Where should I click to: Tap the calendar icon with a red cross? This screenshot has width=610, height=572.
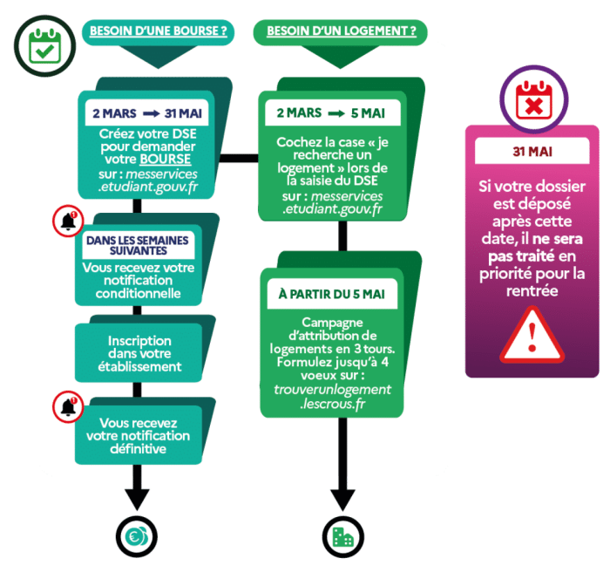tap(532, 101)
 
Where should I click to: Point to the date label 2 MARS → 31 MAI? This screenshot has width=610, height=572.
tap(147, 112)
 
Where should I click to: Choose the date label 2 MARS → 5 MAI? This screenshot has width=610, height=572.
tap(330, 113)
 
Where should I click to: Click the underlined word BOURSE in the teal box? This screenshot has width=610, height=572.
tap(165, 160)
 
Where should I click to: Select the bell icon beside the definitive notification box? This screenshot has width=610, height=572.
tap(68, 407)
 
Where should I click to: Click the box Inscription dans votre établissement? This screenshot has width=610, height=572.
tap(140, 353)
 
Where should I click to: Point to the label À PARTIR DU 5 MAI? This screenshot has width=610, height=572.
tap(331, 294)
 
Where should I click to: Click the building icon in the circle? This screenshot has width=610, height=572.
tap(342, 535)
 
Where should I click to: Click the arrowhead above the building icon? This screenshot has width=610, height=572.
tap(342, 498)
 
